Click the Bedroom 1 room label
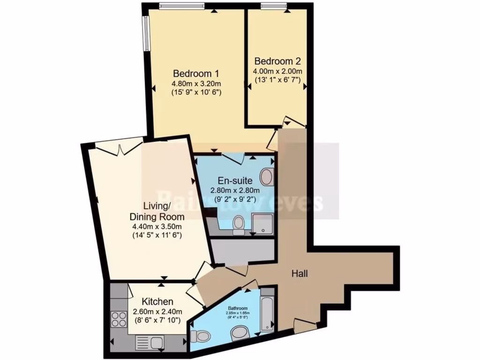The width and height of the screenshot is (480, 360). (196, 74)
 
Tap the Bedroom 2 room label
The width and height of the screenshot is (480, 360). (277, 61)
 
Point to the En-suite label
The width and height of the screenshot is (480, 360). (235, 180)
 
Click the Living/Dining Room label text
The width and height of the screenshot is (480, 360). (157, 211)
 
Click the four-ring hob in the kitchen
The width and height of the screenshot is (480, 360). (119, 319)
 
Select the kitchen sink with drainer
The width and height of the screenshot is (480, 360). (150, 344)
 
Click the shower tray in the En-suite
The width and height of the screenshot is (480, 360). (263, 224)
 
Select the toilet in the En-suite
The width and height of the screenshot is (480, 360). (238, 223)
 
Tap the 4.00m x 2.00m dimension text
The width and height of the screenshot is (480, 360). (277, 71)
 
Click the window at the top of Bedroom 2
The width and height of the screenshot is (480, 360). (274, 6)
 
